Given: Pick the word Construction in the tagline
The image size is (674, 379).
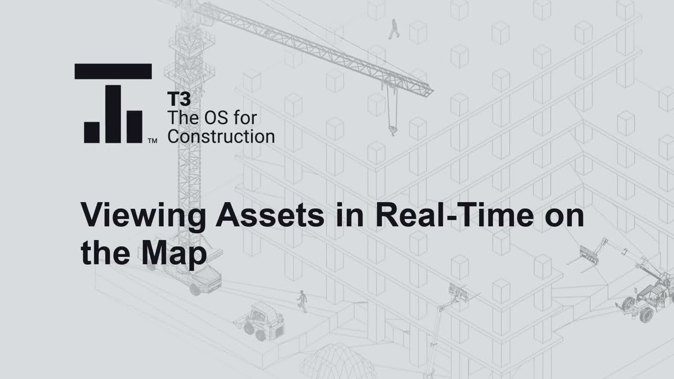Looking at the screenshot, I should point(221,136).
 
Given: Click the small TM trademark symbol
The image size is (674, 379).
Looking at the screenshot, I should point(152,141).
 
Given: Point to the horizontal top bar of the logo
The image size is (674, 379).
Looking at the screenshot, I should point(113,71).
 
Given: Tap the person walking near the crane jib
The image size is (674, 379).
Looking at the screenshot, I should point(394,29).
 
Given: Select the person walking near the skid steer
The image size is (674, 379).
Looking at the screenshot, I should point(302,301).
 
